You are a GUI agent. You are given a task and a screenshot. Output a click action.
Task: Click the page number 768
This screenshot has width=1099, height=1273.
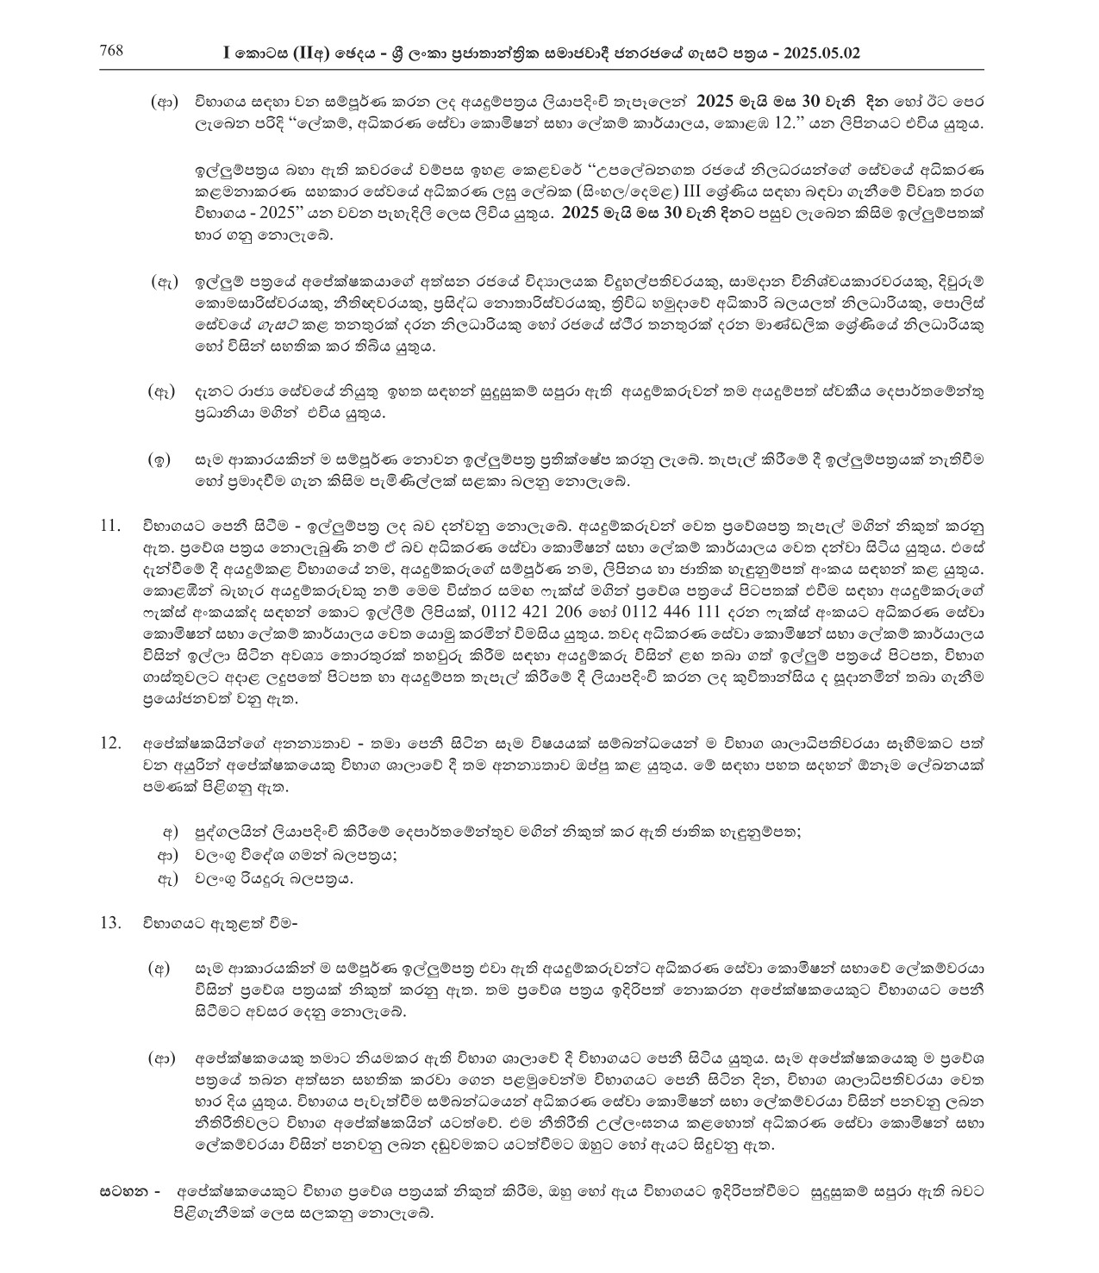click(112, 51)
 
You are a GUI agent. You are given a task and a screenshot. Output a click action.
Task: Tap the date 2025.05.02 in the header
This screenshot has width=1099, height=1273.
click(821, 53)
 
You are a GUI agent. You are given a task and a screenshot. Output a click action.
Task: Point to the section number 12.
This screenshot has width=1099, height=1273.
click(111, 742)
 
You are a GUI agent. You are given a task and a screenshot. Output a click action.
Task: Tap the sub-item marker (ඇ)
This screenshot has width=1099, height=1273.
click(165, 282)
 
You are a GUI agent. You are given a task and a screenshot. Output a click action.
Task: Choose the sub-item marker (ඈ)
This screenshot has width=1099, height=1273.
click(165, 393)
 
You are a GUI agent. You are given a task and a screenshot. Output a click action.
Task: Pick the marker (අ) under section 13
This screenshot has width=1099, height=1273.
click(162, 968)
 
